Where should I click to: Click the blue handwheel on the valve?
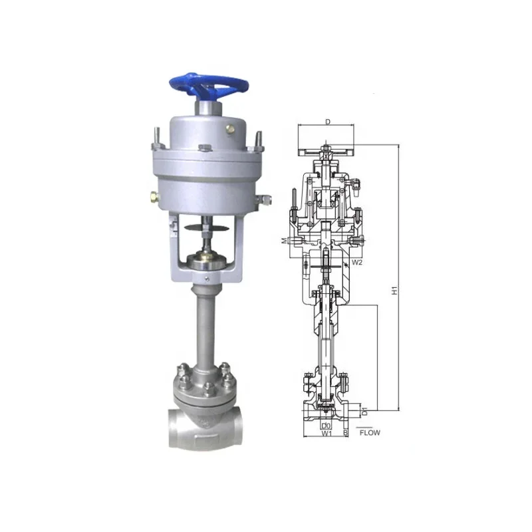click(209, 86)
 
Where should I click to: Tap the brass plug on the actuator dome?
click(230, 129)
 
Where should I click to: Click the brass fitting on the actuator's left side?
click(154, 197)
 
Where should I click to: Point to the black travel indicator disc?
click(205, 228)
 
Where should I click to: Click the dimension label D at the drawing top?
click(328, 122)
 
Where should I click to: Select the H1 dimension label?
click(394, 291)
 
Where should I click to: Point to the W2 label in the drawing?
click(357, 262)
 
